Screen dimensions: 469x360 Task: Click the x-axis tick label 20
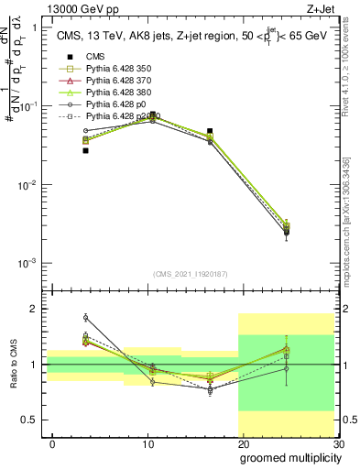click(x=244, y=443)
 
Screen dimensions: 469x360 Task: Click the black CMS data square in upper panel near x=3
click(x=85, y=150)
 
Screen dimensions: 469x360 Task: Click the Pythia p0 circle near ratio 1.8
click(x=85, y=318)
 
